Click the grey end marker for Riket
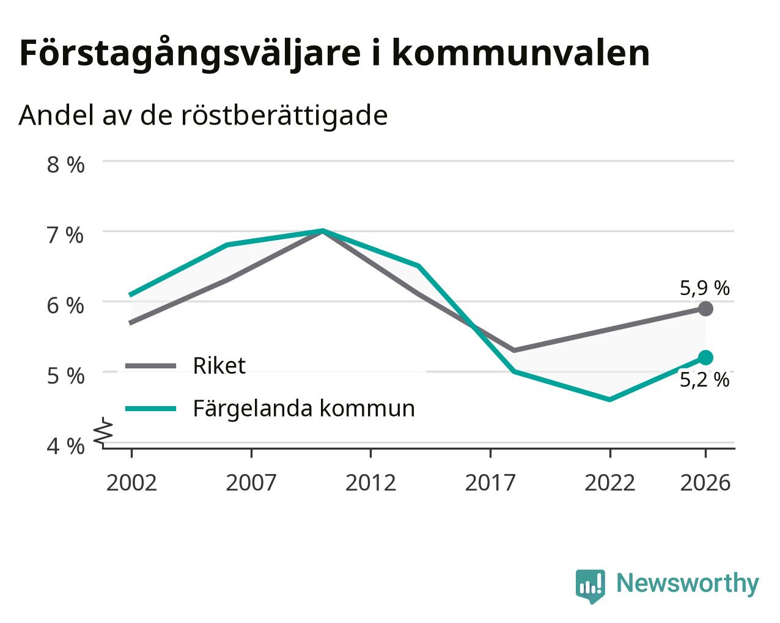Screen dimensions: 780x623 (x=705, y=309)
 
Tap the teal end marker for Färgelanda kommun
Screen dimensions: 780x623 (x=705, y=358)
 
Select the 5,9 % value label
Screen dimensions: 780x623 (x=705, y=288)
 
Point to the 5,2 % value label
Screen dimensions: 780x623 (x=705, y=380)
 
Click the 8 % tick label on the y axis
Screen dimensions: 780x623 (x=65, y=165)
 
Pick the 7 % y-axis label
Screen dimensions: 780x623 (x=65, y=235)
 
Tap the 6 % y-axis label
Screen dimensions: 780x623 (x=65, y=306)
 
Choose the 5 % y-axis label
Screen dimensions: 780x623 (x=65, y=376)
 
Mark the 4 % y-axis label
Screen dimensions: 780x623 (x=65, y=446)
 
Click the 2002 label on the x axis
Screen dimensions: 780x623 (x=131, y=483)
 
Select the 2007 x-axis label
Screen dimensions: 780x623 (x=251, y=483)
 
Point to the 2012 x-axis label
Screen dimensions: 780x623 (x=371, y=483)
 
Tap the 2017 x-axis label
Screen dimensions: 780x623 (x=490, y=483)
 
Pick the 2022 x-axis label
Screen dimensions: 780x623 (x=610, y=483)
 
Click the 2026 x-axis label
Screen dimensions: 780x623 (x=705, y=483)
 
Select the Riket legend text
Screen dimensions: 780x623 (x=219, y=365)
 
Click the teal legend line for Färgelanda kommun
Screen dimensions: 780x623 (x=150, y=409)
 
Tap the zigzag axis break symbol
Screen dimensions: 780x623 (x=103, y=431)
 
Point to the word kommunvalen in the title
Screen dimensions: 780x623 (x=521, y=54)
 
